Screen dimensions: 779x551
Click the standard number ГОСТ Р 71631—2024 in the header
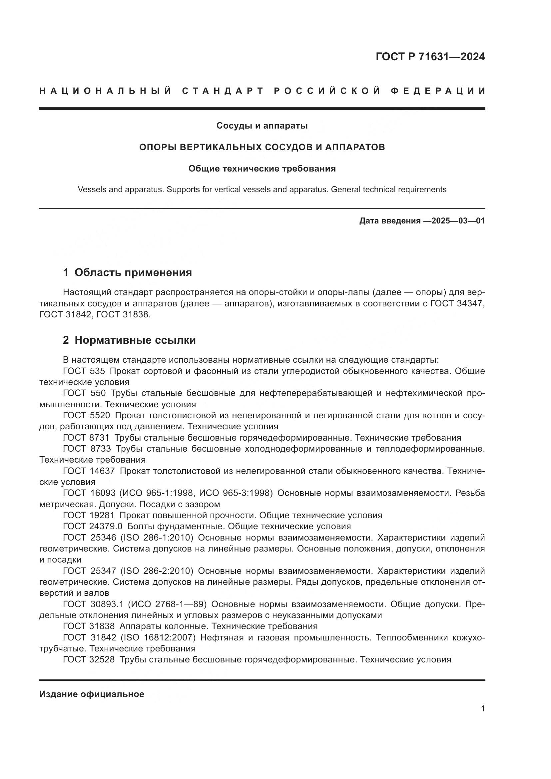tap(430, 57)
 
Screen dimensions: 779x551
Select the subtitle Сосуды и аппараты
tap(262, 126)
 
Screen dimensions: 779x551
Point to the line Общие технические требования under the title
tap(262, 169)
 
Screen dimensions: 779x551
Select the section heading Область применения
tap(133, 272)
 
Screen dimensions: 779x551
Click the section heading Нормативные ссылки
tap(135, 340)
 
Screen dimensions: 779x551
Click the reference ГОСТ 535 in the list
tap(84, 371)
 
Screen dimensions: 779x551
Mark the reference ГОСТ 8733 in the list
tap(87, 449)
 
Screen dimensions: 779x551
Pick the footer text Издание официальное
tap(92, 694)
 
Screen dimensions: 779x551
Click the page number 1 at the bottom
tap(483, 709)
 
